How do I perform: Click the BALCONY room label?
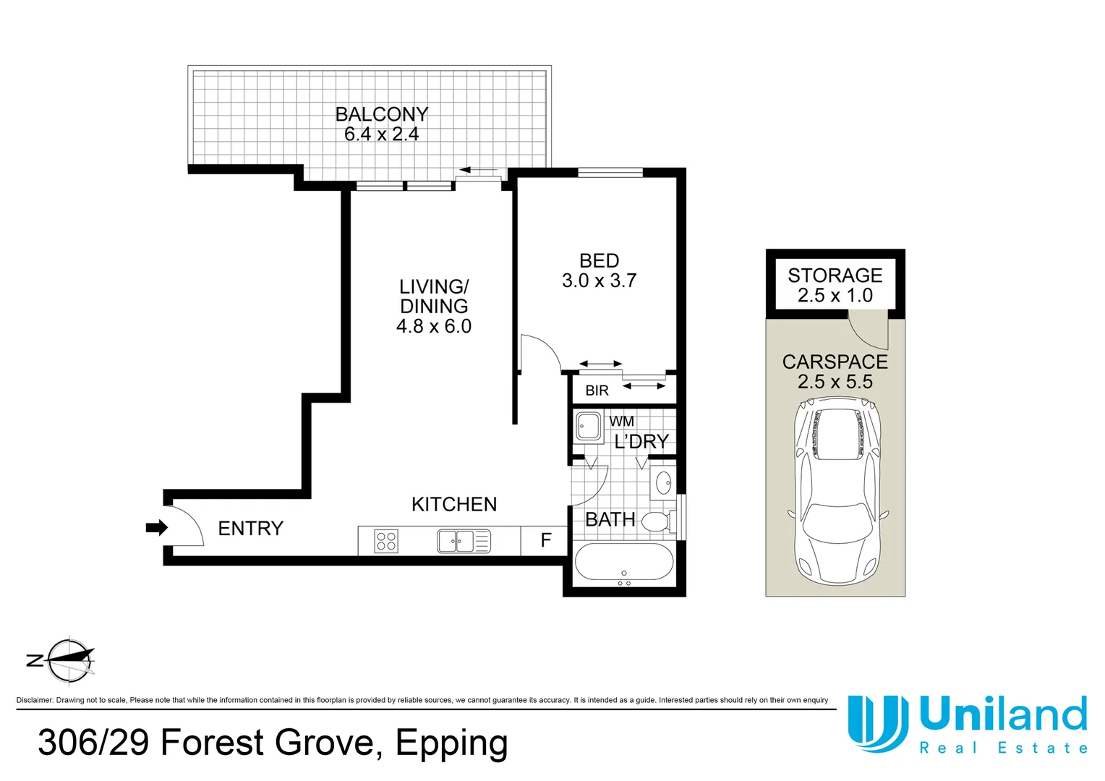(x=382, y=114)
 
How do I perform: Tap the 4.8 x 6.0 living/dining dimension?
(x=434, y=326)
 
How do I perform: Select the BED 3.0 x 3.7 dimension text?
(x=600, y=281)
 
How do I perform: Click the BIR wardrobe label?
(x=597, y=390)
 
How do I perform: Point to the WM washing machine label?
(x=622, y=422)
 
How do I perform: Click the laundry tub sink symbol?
(x=589, y=427)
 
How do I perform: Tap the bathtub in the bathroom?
(x=624, y=562)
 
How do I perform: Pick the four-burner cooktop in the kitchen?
(x=386, y=540)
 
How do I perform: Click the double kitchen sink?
(x=464, y=541)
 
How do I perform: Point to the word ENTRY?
(x=251, y=529)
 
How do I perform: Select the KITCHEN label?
(x=454, y=504)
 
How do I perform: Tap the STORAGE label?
(x=835, y=276)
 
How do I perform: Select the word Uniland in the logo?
(x=1003, y=714)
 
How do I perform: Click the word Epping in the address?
(x=451, y=744)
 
